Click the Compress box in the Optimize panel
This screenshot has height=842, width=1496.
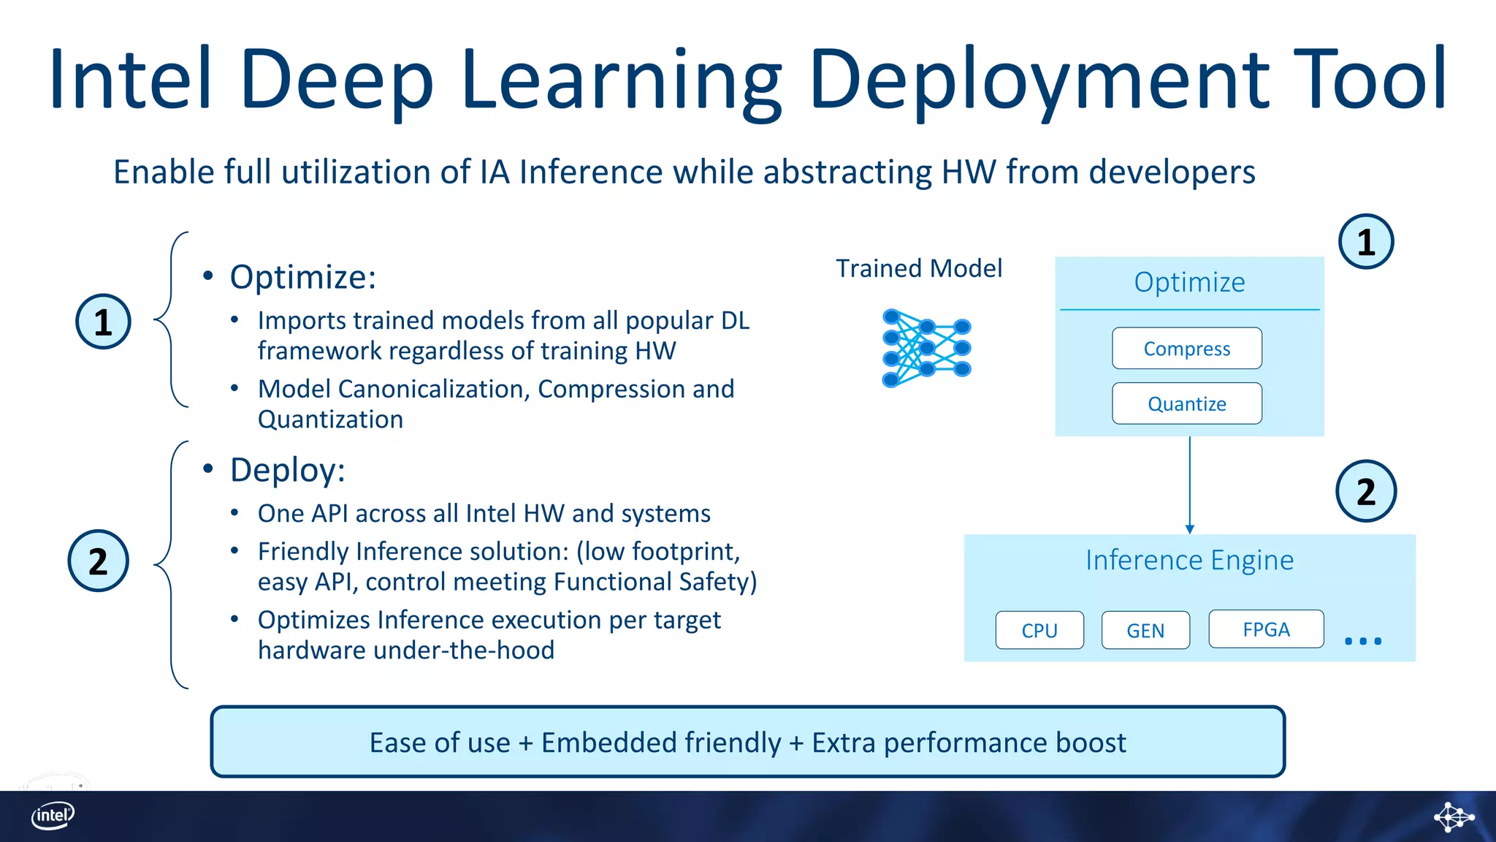1186,349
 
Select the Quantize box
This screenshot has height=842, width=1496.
1186,403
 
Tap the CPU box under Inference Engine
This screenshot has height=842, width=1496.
1039,630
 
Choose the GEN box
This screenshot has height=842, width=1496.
1145,630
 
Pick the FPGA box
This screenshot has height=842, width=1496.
1265,629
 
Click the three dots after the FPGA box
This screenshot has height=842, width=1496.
1362,641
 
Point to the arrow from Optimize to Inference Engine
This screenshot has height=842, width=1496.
1189,486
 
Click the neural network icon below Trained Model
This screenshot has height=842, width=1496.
926,348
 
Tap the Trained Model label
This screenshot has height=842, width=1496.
918,268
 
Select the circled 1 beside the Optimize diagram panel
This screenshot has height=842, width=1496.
1365,242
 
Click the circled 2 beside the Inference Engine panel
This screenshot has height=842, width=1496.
1365,491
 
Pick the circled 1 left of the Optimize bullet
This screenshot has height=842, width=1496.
103,322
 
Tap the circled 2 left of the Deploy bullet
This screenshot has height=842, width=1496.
98,561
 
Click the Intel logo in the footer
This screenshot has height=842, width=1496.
53,815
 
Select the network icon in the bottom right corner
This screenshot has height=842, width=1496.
1453,816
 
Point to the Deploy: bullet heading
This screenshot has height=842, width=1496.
287,470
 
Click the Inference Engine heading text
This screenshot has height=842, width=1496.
1188,560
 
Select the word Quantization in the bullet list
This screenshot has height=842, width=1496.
330,420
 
